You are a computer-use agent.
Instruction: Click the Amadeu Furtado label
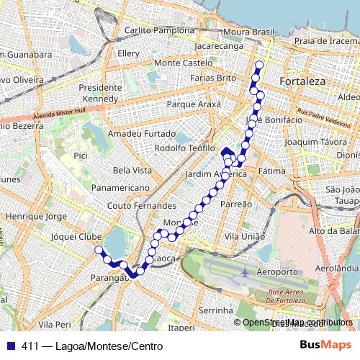(140, 134)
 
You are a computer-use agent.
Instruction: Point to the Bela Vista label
(132, 170)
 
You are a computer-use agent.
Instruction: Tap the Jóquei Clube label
(76, 236)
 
